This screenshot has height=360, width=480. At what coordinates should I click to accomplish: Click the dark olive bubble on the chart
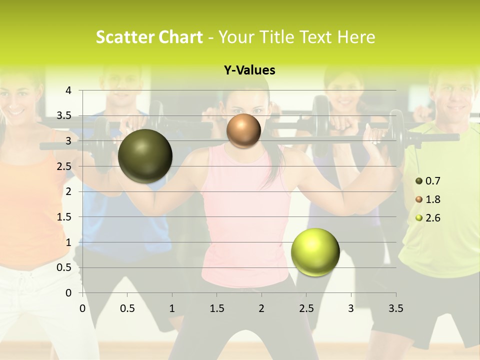(145, 156)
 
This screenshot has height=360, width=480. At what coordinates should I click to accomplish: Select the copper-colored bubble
(243, 131)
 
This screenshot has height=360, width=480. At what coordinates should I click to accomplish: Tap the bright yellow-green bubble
(315, 252)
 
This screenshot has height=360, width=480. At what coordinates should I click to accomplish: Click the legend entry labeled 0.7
(428, 181)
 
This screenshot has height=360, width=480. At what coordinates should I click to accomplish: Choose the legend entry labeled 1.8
(428, 199)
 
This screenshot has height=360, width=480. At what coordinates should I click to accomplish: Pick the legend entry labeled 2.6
(428, 218)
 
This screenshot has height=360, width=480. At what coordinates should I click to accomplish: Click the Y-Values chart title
(249, 70)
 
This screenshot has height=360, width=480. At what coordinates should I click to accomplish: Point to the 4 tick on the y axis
(68, 90)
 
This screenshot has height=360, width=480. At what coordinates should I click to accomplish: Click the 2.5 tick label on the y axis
(64, 166)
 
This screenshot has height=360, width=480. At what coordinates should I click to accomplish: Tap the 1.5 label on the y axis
(64, 217)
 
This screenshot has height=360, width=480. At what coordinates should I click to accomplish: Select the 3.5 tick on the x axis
(395, 308)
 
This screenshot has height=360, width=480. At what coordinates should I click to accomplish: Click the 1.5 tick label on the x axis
(216, 308)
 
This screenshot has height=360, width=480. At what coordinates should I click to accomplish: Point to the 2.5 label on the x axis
(306, 308)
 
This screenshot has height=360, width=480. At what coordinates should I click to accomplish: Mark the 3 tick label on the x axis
(351, 308)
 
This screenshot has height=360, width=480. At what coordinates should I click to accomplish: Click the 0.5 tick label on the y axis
(64, 267)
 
